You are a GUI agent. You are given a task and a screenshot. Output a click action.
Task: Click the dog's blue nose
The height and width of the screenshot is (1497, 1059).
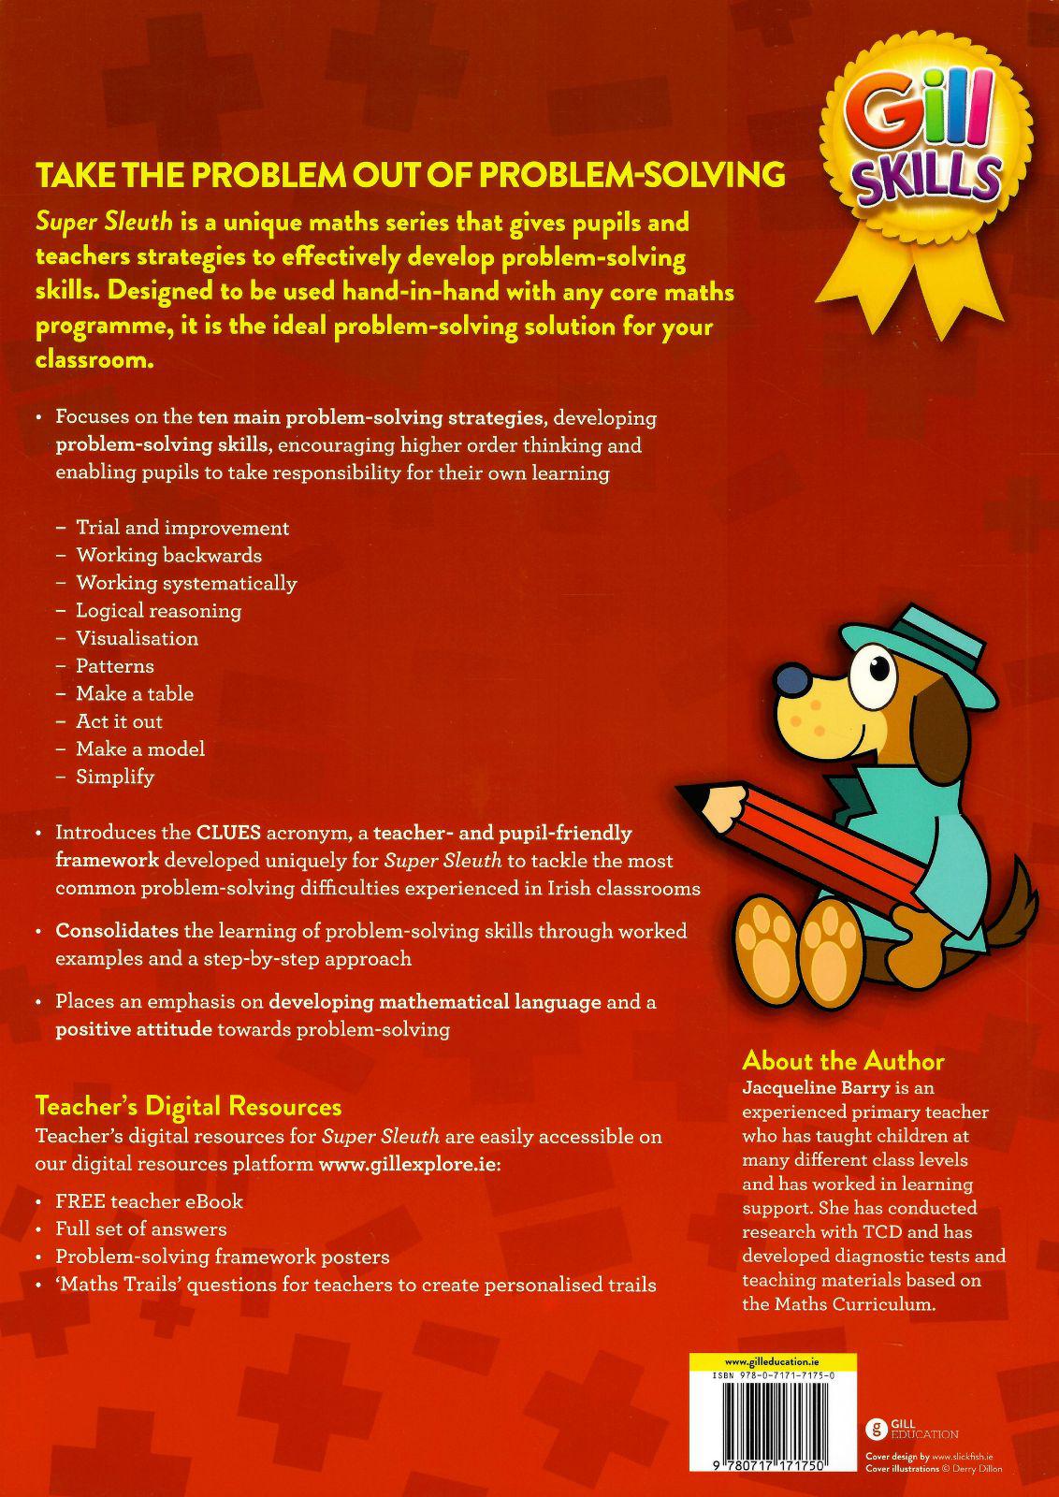point(793,679)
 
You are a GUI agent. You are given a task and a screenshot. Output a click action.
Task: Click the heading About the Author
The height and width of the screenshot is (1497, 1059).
point(842,1061)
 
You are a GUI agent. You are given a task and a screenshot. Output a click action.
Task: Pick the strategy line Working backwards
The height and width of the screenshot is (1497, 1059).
point(168,556)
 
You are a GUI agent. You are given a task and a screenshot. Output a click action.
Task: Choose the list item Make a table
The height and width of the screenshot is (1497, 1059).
point(135,694)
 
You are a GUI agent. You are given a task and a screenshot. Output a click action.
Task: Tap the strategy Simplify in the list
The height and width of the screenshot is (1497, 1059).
point(115,777)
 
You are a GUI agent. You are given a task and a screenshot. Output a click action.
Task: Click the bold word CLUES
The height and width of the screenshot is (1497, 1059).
point(229,833)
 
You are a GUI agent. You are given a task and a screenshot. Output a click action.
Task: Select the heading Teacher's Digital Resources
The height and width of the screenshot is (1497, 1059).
point(188,1107)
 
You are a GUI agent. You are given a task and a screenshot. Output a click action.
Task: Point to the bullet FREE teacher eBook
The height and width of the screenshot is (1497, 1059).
point(149,1201)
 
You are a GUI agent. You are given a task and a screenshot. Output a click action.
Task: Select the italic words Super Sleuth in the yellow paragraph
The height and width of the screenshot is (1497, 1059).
point(104,223)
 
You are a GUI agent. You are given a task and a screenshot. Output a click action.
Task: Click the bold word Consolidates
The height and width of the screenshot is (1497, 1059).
point(117,931)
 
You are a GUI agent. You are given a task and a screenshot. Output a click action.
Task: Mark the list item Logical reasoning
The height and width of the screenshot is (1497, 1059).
point(158,611)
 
